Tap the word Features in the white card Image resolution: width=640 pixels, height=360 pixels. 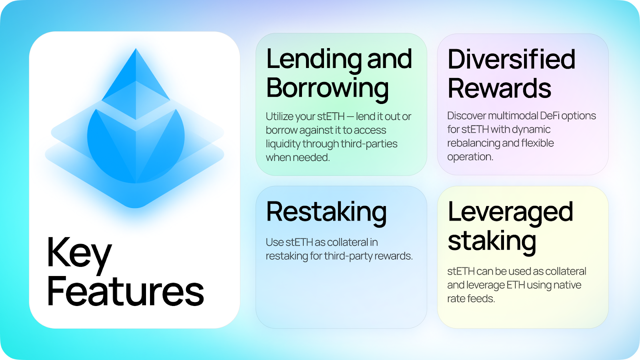(126, 292)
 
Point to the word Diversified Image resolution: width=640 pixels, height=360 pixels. (512, 59)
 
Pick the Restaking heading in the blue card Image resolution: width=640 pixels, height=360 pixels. (326, 213)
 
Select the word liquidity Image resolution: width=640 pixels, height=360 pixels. (282, 144)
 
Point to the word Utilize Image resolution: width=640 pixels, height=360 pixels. (279, 116)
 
